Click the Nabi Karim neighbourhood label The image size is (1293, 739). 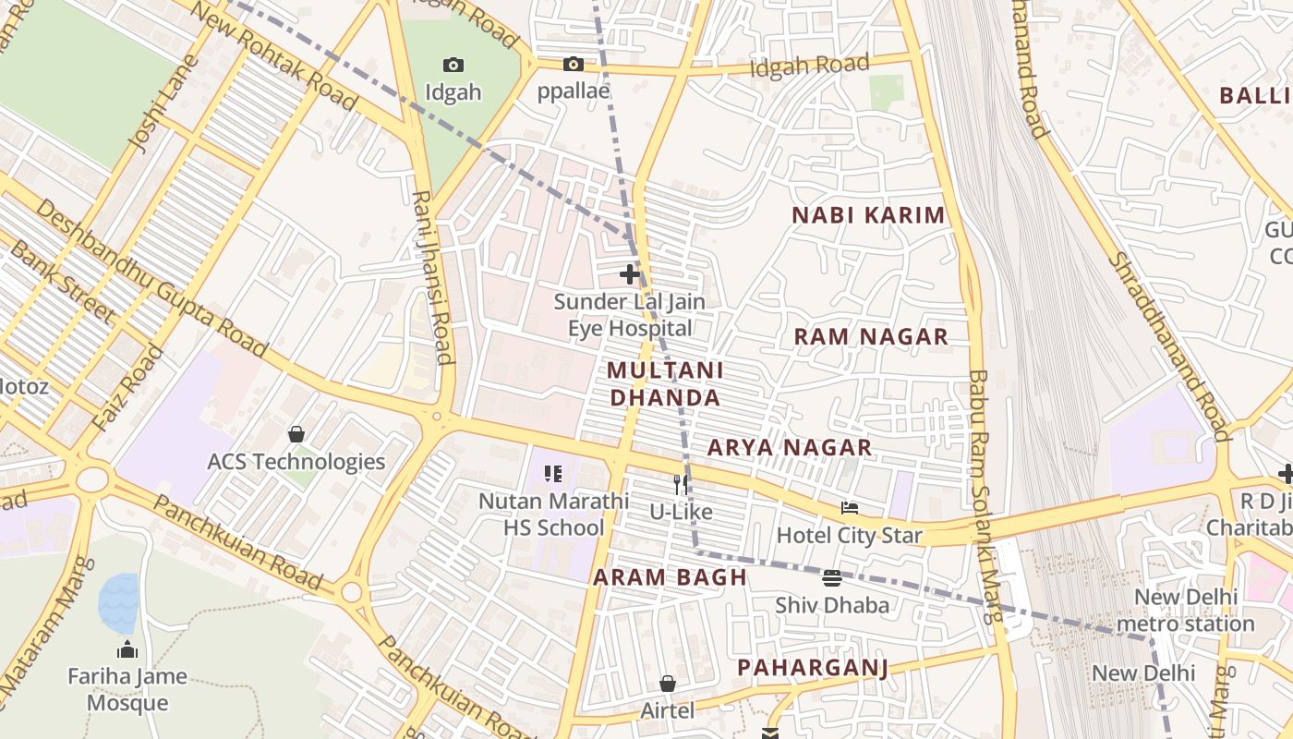[x=868, y=215]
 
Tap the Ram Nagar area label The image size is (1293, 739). [x=871, y=336]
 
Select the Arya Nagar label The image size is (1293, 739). [x=790, y=448]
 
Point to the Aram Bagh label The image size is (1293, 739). [x=670, y=577]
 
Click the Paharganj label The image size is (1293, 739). [x=812, y=668]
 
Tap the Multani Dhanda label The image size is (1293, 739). [x=664, y=383]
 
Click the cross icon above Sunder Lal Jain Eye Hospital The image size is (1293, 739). [x=630, y=274]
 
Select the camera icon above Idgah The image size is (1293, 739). [x=453, y=65]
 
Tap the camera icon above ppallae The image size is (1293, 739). [x=574, y=64]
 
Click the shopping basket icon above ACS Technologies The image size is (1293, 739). [x=296, y=434]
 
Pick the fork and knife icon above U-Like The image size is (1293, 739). [x=681, y=484]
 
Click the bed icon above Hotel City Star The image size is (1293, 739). [x=850, y=508]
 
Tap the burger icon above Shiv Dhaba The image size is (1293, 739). [x=832, y=578]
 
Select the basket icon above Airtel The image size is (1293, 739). [x=668, y=684]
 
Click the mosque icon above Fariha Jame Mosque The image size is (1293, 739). [x=127, y=649]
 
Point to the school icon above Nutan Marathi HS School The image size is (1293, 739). [x=553, y=474]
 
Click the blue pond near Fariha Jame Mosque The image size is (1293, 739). [x=118, y=602]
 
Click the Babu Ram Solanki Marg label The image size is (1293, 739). [x=982, y=499]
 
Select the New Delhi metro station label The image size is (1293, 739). [x=1185, y=610]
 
